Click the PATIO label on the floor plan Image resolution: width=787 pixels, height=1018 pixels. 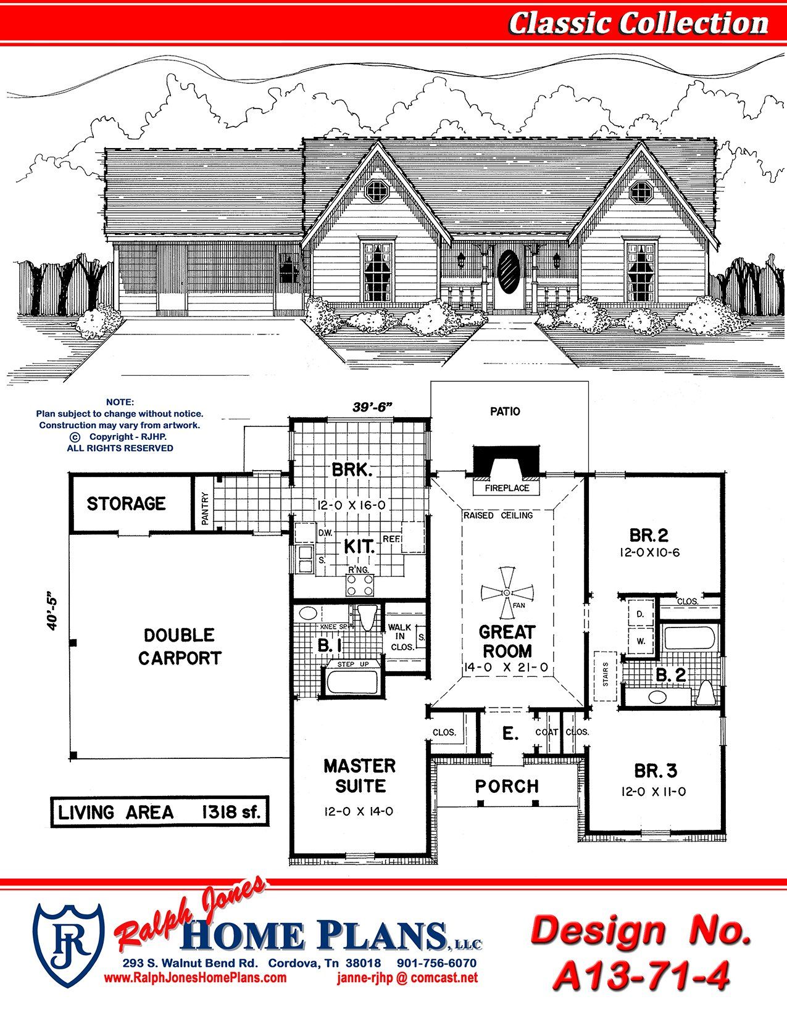[505, 412]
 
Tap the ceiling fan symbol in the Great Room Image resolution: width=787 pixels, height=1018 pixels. [507, 593]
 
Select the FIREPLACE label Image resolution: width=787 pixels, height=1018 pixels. [507, 488]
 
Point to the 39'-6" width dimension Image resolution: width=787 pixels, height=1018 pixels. [372, 407]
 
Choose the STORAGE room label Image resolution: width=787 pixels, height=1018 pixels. [126, 503]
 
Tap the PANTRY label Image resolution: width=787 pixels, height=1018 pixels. [205, 508]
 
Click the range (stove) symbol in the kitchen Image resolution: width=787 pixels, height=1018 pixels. [359, 584]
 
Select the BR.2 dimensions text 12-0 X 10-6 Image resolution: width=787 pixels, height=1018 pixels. [649, 553]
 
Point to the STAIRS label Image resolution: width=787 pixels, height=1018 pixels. [605, 674]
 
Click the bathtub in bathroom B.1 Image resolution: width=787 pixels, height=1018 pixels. [352, 682]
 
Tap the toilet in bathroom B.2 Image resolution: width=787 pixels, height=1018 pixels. [706, 693]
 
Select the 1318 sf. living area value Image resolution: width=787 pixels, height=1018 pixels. [231, 811]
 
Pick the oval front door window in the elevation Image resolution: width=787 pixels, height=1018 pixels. [507, 272]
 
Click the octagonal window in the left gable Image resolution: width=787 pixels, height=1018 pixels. [375, 191]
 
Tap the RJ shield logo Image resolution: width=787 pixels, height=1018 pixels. [69, 946]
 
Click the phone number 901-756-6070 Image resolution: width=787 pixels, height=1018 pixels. [437, 962]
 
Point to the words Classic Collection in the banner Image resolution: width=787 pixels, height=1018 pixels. [639, 23]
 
